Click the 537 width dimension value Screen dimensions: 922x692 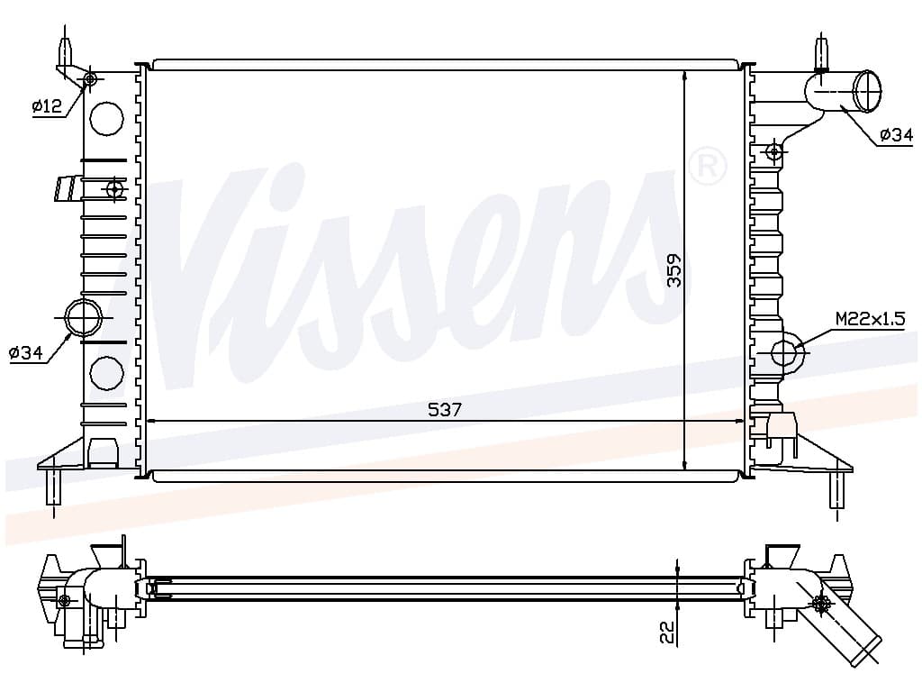coord(445,409)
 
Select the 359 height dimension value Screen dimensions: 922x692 coord(674,270)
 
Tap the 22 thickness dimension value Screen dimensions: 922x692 coord(668,633)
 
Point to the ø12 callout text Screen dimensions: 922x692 coord(47,106)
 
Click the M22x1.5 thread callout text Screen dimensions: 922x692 coord(871,319)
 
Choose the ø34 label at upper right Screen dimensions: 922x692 coord(896,135)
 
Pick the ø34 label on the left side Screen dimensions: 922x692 coord(26,353)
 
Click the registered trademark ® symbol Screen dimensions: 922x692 coord(708,167)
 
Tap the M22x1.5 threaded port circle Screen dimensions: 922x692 coord(784,352)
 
